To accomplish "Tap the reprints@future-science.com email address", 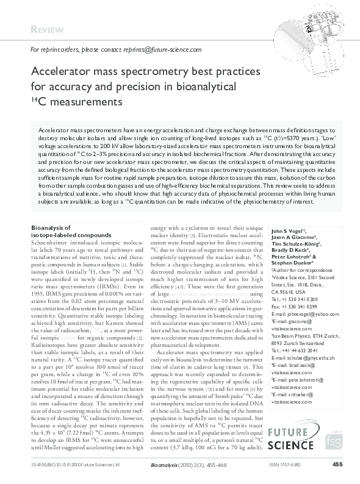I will tap(164, 50).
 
